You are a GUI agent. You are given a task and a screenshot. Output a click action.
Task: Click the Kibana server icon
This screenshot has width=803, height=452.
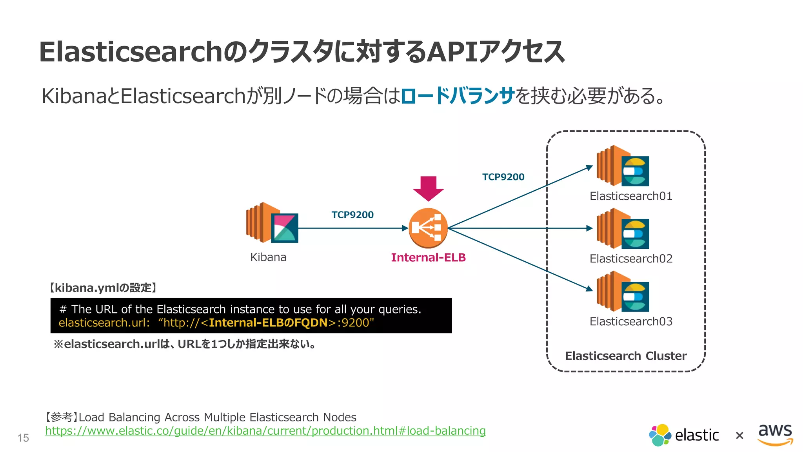272,222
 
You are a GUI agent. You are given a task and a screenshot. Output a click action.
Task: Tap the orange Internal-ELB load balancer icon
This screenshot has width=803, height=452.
428,228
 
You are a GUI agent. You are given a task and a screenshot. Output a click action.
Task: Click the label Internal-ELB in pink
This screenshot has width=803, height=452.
428,257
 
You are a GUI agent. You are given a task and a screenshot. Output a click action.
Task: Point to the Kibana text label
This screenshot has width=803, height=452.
268,257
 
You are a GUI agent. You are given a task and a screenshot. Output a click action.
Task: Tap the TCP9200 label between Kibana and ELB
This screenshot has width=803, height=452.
352,215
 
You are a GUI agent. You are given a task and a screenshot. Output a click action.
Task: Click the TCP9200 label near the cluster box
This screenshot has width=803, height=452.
503,177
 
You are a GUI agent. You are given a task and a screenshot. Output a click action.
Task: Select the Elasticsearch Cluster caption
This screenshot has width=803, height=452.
626,356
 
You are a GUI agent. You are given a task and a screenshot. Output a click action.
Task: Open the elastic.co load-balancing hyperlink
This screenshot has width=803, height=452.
265,431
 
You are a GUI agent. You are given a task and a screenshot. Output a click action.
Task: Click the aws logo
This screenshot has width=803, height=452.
775,434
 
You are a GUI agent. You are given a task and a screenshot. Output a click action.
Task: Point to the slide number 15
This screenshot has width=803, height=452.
23,438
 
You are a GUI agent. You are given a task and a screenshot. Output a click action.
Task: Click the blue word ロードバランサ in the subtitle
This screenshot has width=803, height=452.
457,96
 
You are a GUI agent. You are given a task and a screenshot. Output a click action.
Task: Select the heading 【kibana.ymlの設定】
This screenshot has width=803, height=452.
103,288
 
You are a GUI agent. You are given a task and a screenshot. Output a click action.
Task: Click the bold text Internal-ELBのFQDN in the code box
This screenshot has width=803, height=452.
268,323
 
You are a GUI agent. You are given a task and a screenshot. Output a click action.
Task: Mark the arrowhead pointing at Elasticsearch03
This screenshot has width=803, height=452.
589,289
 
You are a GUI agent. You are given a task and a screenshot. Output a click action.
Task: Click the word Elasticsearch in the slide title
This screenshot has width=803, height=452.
131,52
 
